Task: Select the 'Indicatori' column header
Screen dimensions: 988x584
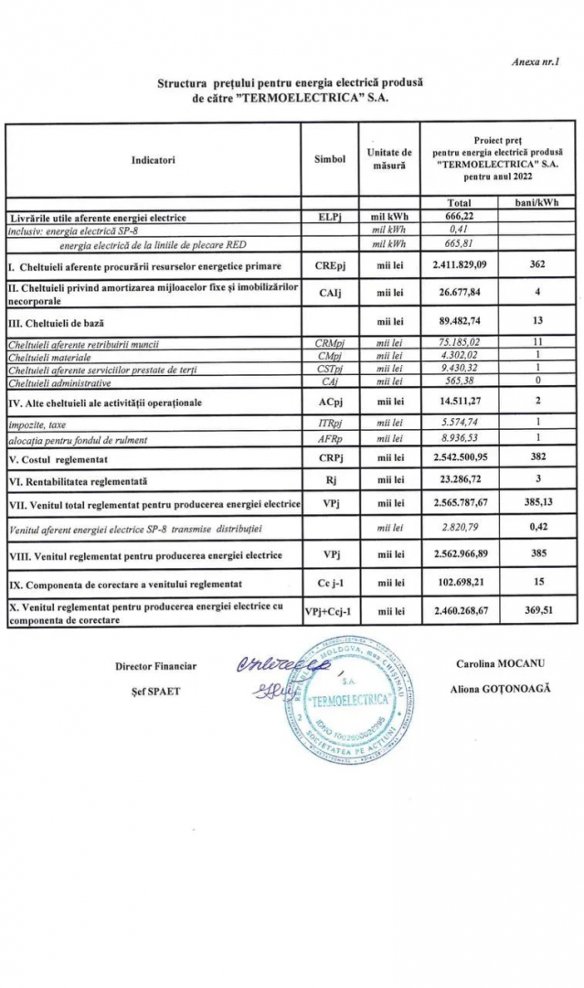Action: [153, 159]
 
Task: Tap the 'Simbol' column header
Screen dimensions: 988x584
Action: [329, 159]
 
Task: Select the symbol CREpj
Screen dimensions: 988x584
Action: [329, 266]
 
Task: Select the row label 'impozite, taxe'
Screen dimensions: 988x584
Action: [37, 423]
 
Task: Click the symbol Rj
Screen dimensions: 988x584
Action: [329, 478]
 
